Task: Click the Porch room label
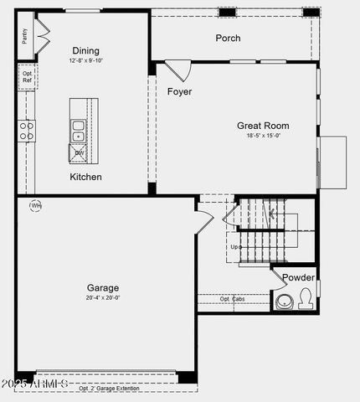pyautogui.click(x=228, y=38)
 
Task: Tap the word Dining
pyautogui.click(x=85, y=50)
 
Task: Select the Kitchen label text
pyautogui.click(x=85, y=177)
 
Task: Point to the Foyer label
pyautogui.click(x=179, y=90)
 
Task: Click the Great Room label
pyautogui.click(x=263, y=126)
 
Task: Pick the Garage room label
pyautogui.click(x=102, y=287)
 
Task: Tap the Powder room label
pyautogui.click(x=298, y=277)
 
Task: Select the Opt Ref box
pyautogui.click(x=27, y=77)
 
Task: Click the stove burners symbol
pyautogui.click(x=27, y=130)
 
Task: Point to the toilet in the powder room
pyautogui.click(x=305, y=299)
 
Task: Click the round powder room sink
pyautogui.click(x=285, y=301)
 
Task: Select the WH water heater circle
pyautogui.click(x=36, y=205)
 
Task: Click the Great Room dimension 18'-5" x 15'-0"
pyautogui.click(x=263, y=136)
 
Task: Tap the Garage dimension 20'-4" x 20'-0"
pyautogui.click(x=102, y=297)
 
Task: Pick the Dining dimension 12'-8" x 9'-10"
pyautogui.click(x=85, y=60)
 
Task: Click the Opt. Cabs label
pyautogui.click(x=234, y=298)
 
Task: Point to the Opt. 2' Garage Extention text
pyautogui.click(x=109, y=389)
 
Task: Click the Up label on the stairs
pyautogui.click(x=236, y=247)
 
